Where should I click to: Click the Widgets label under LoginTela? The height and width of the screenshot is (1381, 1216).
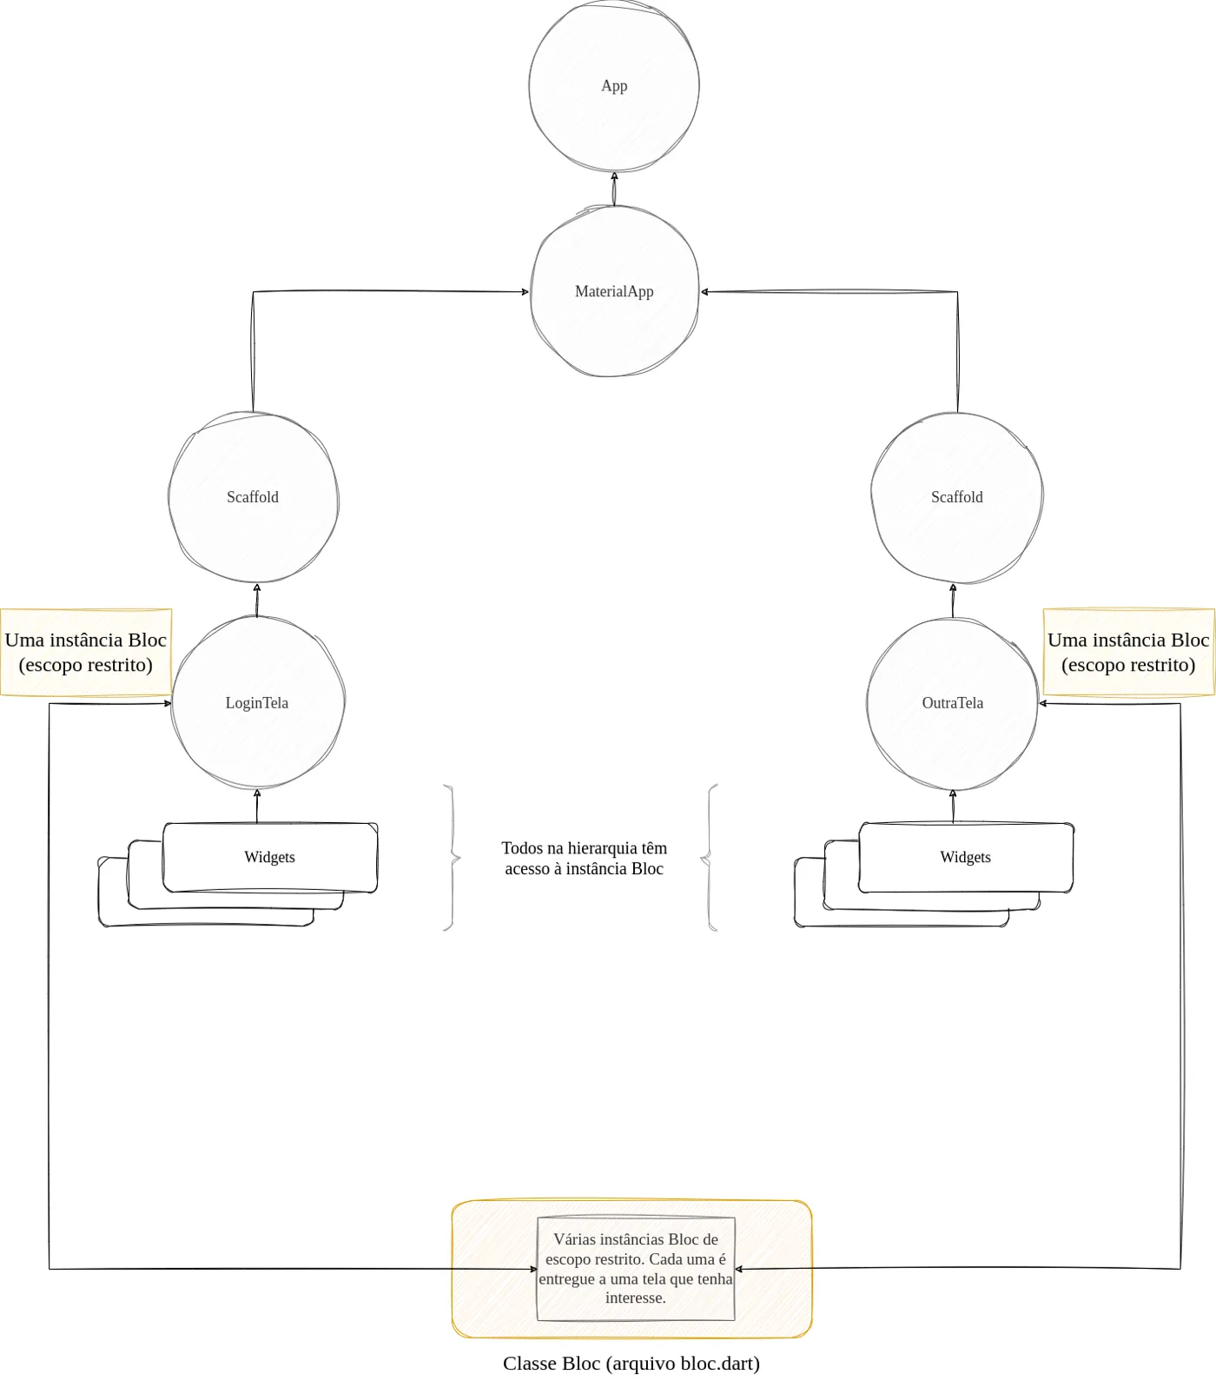pyautogui.click(x=269, y=857)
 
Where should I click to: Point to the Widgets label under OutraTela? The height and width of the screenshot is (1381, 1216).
pyautogui.click(x=965, y=857)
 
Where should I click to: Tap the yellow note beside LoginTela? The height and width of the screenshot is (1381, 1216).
pyautogui.click(x=86, y=652)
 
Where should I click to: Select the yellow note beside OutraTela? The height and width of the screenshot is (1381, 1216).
pyautogui.click(x=1128, y=652)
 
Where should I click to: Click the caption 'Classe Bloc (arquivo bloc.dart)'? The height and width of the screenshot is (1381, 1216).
pyautogui.click(x=631, y=1363)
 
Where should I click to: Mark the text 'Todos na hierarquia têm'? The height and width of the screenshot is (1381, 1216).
pyautogui.click(x=585, y=847)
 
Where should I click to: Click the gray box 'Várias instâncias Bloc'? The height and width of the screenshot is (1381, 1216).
pyautogui.click(x=636, y=1269)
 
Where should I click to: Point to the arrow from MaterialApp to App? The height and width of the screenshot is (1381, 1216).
pyautogui.click(x=614, y=189)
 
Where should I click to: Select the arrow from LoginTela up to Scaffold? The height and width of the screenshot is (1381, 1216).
pyautogui.click(x=256, y=600)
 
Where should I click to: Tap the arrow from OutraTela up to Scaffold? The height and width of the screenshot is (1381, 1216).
pyautogui.click(x=953, y=600)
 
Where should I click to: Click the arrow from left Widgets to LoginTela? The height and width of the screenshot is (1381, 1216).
pyautogui.click(x=256, y=806)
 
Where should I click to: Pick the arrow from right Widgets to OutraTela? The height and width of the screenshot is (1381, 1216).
pyautogui.click(x=953, y=806)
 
